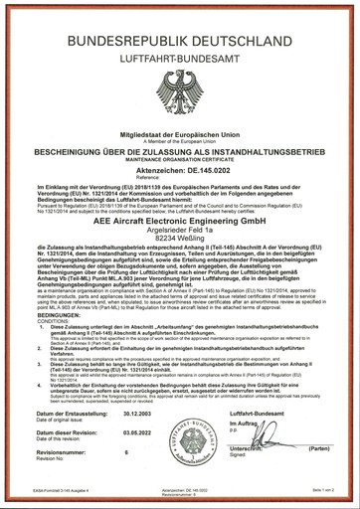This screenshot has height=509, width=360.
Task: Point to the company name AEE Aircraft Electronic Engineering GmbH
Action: click(180, 232)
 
